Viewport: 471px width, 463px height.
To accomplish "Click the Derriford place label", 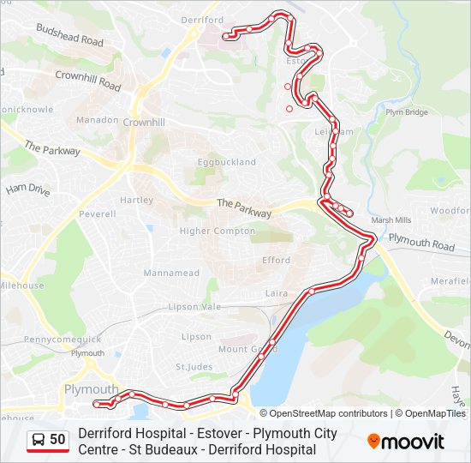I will [203, 20].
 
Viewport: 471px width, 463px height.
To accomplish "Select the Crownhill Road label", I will [88, 81].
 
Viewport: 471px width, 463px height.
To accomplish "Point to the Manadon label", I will [97, 120].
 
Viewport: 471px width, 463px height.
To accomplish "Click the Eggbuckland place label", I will [227, 162].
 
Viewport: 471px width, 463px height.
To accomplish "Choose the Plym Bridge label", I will [406, 112].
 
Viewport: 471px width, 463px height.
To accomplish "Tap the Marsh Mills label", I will [391, 219].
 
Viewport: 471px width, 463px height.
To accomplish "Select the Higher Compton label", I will [218, 231].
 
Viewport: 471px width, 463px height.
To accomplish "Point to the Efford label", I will [276, 261].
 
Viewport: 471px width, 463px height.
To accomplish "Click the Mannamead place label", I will [171, 274].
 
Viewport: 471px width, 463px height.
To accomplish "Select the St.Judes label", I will [194, 367].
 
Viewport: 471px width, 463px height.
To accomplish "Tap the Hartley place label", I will [136, 200].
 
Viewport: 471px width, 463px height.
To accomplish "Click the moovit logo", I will [406, 442].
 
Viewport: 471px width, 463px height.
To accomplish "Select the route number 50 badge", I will [48, 440].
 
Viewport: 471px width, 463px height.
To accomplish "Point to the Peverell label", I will [97, 213].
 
